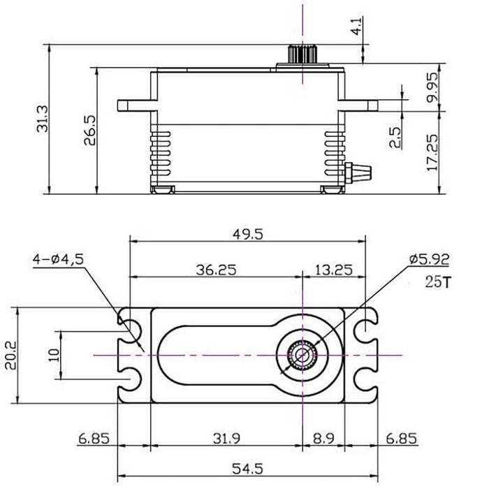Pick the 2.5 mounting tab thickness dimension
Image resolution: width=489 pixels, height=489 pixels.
(x=395, y=138)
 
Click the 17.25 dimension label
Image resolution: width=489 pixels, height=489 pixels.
(x=432, y=154)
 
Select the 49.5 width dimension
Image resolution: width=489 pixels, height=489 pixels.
(x=248, y=235)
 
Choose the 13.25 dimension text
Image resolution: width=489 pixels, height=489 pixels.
(x=333, y=268)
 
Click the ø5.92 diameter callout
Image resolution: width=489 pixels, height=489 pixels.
(x=429, y=259)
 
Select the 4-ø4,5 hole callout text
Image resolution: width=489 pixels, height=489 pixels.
(x=59, y=258)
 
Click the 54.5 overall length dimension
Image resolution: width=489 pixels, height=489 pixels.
(x=248, y=466)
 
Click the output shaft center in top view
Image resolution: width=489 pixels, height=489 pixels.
(x=302, y=355)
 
